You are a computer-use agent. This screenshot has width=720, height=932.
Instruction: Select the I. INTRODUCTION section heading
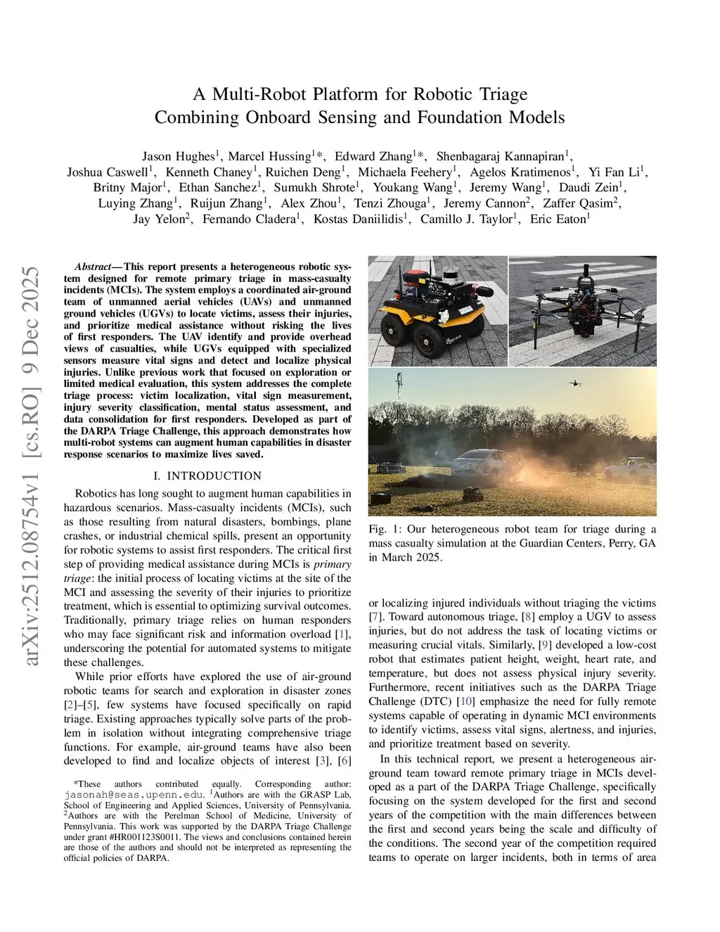pyautogui.click(x=207, y=475)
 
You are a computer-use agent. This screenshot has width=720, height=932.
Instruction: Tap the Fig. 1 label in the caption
pyautogui.click(x=383, y=529)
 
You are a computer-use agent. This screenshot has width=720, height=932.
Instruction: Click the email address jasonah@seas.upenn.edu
pyautogui.click(x=129, y=794)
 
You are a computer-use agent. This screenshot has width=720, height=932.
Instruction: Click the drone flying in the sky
pyautogui.click(x=576, y=383)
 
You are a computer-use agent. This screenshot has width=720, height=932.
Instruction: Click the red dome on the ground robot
pyautogui.click(x=420, y=273)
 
